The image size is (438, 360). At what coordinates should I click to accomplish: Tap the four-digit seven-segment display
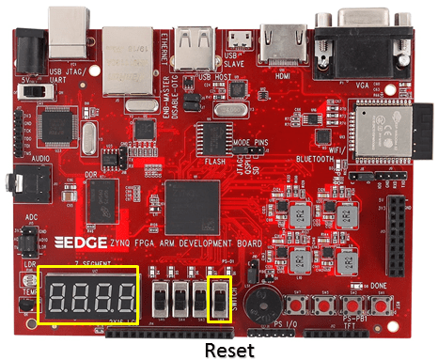[x=88, y=297]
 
